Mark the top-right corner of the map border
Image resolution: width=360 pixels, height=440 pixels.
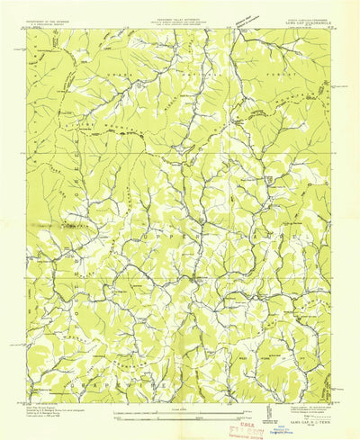(335, 31)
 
